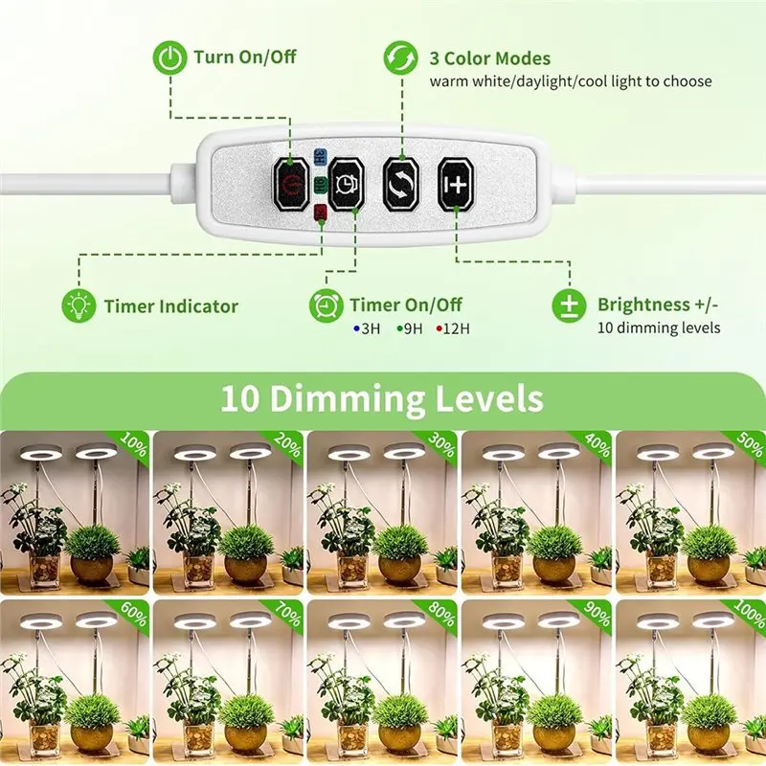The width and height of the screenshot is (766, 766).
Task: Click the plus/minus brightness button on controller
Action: coord(456,181)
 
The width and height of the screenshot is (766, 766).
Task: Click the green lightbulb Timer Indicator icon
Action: coord(76,306)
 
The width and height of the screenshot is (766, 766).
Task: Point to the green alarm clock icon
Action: coord(326,305)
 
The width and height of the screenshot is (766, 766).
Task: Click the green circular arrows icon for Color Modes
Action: coord(400,58)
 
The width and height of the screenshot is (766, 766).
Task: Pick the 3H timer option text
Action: coord(368,328)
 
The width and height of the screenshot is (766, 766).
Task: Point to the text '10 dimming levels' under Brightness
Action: coord(659,328)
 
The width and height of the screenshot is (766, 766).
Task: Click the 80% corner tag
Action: coord(440,614)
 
